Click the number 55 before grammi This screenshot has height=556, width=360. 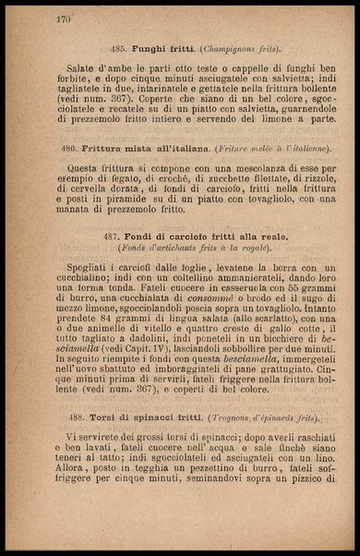coord(286,288)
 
